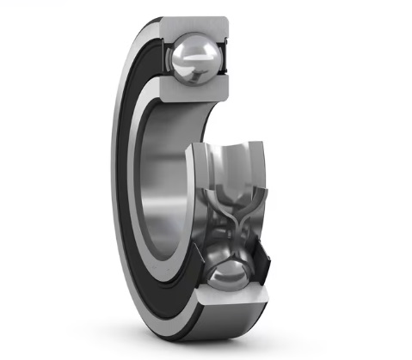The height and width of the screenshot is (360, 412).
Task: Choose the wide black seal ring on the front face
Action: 132,172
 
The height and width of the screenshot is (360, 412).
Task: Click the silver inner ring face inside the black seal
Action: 147,172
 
